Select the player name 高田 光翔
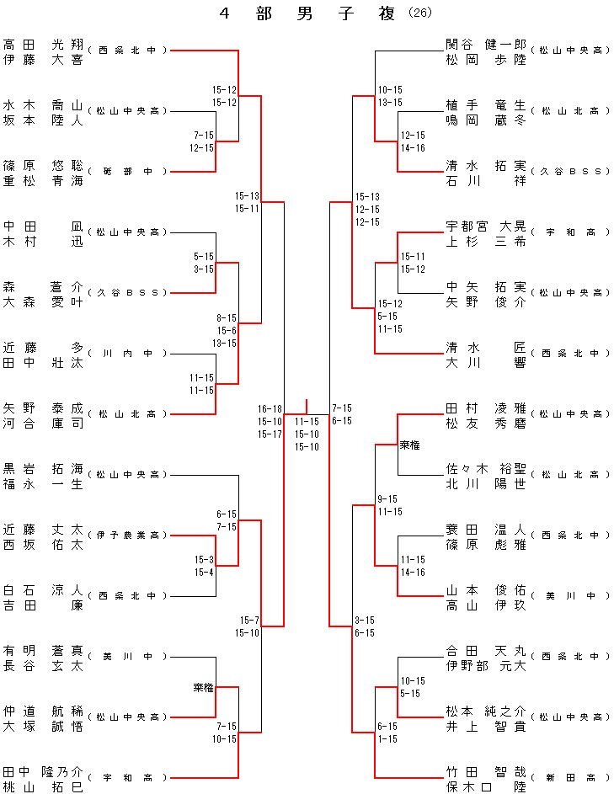[43, 44]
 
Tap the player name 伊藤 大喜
[43, 59]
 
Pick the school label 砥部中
[129, 172]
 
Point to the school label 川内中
[129, 354]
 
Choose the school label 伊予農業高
[129, 536]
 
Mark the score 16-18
[270, 409]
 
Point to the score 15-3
[204, 560]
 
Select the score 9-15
[389, 499]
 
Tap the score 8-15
[226, 318]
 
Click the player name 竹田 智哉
[486, 771]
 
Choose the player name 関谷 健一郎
[486, 44]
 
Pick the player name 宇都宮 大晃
[486, 226]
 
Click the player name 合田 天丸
[486, 650]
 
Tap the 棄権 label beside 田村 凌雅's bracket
[409, 445]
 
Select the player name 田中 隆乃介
[43, 771]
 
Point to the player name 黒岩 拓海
[43, 468]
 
